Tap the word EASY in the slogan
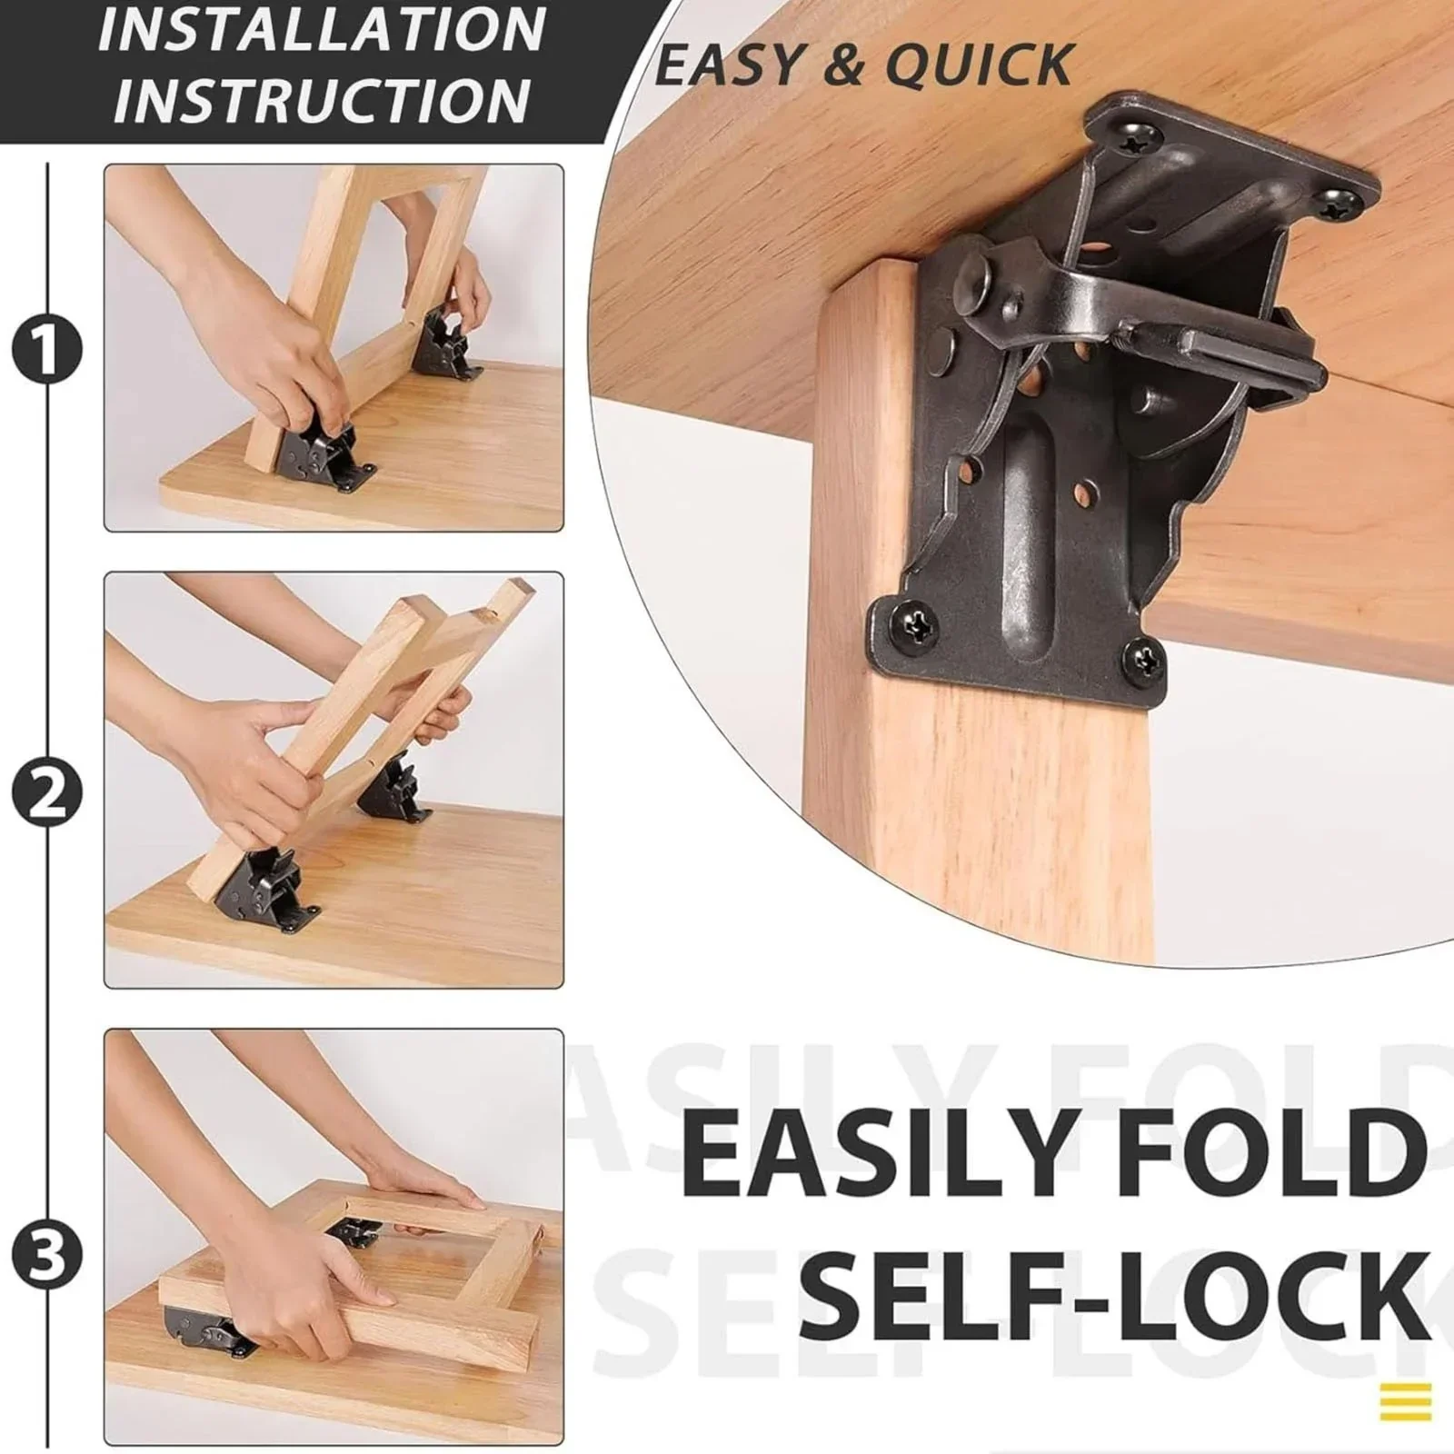(x=731, y=65)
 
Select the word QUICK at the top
(x=979, y=65)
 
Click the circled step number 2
(x=47, y=792)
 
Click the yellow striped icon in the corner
(x=1405, y=1400)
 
